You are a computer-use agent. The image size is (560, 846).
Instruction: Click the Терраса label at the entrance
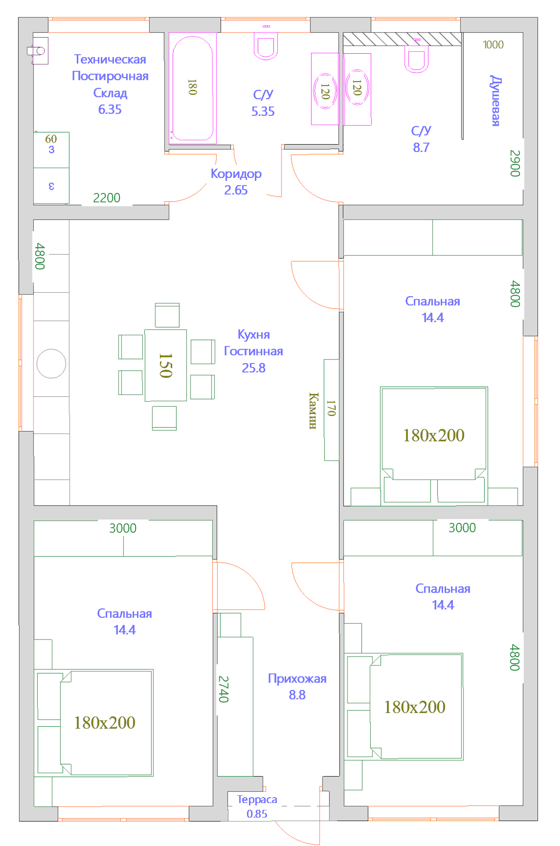257,799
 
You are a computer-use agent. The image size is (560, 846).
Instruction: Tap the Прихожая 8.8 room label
297,686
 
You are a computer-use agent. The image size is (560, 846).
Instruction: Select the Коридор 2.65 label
236,181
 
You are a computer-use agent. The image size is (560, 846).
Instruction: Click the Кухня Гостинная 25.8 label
254,351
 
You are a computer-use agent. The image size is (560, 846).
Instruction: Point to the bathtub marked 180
193,88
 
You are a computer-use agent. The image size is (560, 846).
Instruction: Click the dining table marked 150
166,365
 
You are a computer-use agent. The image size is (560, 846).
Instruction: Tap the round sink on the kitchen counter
51,363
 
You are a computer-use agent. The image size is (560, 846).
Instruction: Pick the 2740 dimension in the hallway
223,689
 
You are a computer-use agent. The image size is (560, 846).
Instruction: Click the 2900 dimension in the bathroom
515,163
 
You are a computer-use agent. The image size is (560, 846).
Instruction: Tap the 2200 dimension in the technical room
107,198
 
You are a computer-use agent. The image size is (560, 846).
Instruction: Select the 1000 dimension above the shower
493,44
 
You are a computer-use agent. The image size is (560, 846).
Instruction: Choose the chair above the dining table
167,315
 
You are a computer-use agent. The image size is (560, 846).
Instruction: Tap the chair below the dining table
164,418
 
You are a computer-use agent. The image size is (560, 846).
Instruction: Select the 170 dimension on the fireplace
331,408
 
